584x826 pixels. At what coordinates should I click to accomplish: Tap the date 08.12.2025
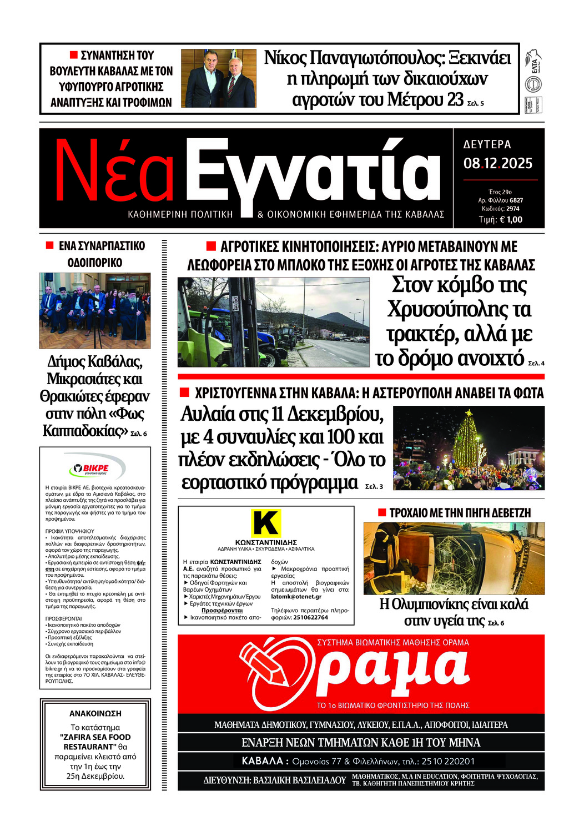(498, 164)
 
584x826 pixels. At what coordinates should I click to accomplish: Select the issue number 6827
(516, 200)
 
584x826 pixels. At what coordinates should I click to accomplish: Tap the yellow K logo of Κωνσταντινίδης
(266, 523)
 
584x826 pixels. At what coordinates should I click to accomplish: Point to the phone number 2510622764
(310, 617)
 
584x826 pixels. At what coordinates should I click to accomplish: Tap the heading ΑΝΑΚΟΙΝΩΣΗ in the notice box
(95, 713)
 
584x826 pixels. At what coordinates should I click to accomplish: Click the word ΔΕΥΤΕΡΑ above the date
(487, 144)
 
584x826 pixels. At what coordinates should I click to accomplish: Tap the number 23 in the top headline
(455, 100)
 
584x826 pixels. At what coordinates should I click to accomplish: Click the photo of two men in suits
(219, 78)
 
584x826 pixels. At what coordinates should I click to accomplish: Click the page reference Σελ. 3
(374, 486)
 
